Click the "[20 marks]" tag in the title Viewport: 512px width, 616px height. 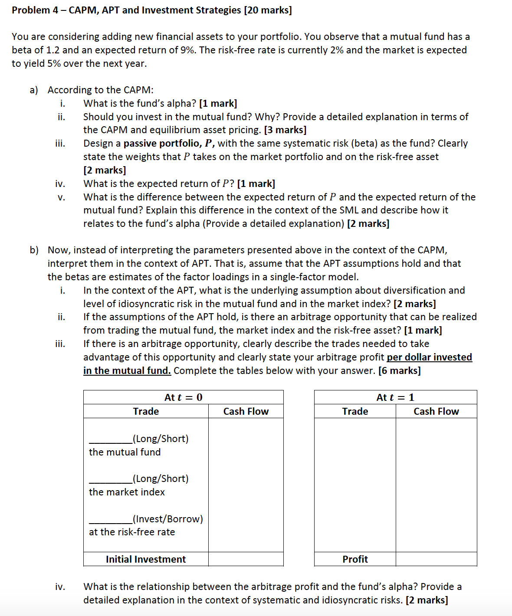(268, 10)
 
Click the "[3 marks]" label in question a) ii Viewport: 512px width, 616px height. (285, 130)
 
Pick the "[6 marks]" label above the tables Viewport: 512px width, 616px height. (399, 370)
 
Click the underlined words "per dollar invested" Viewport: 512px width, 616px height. (429, 357)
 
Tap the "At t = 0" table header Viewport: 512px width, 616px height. (183, 397)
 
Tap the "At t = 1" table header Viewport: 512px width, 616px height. (395, 397)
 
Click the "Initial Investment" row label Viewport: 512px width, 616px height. (146, 559)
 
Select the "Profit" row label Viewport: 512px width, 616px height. (355, 559)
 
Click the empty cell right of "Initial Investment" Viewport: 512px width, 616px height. (246, 559)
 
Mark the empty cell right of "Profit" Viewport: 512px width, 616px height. (436, 559)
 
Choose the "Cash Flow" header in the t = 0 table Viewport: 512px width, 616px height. (246, 411)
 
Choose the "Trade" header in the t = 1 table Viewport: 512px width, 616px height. (355, 411)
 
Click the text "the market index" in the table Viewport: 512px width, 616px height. (127, 492)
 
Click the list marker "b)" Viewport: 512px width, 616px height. (34, 250)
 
